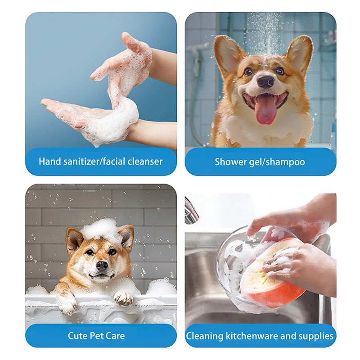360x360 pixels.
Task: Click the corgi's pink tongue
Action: click(x=265, y=110)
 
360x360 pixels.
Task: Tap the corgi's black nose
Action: click(x=265, y=81)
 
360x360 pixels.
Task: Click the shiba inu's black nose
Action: click(x=102, y=265)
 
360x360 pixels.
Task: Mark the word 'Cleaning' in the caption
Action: click(x=205, y=337)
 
